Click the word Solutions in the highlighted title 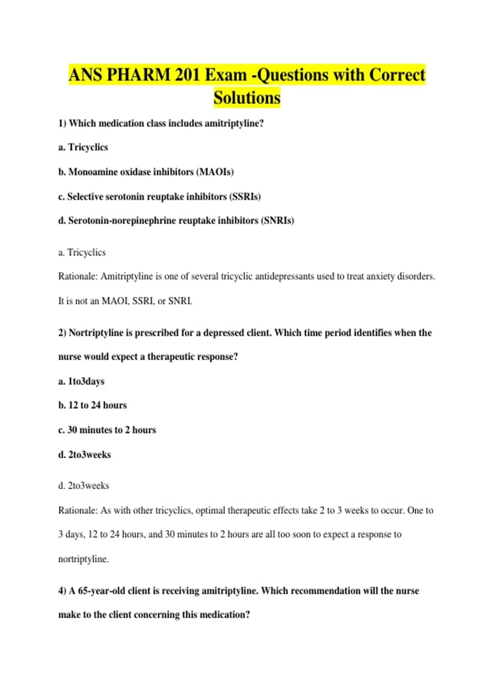[247, 98]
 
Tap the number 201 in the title [187, 75]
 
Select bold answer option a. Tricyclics [83, 147]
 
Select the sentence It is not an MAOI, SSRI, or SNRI [125, 301]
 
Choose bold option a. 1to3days [82, 381]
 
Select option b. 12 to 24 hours [93, 405]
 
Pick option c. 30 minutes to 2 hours [107, 430]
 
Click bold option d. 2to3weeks [85, 455]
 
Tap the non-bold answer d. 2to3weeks [84, 486]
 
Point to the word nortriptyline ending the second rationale [83, 559]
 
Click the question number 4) [62, 591]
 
